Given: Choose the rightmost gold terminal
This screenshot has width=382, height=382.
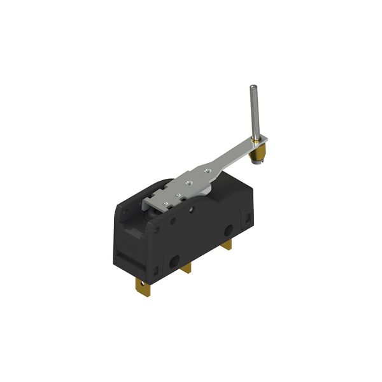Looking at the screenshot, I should point(227,243).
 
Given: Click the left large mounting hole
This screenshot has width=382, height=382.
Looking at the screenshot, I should point(174,260).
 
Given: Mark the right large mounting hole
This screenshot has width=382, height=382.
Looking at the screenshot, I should point(227,230).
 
